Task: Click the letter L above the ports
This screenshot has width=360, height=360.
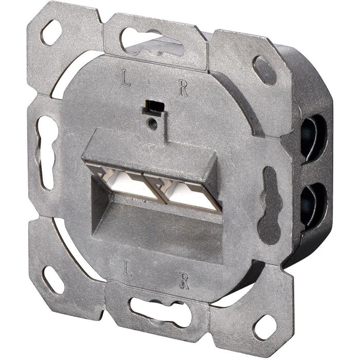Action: click(125, 80)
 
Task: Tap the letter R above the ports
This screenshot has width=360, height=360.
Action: click(183, 88)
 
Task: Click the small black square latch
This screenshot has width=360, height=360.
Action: click(151, 106)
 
